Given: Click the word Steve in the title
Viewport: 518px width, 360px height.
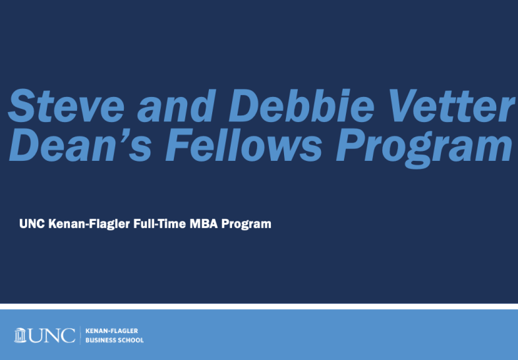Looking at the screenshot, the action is pos(66,105).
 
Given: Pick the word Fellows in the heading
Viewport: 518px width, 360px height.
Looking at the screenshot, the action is pos(243,145).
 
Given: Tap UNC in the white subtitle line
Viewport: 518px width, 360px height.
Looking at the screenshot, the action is pos(32,224).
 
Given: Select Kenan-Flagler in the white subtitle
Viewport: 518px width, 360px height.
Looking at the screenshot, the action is pos(89,224).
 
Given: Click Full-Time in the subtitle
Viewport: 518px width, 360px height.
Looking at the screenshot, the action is pos(159,224).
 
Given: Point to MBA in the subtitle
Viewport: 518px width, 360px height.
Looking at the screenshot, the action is pos(204,224).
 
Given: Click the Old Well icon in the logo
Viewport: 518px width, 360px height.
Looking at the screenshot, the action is pos(20,335).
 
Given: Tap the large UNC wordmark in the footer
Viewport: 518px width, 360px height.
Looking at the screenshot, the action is pos(51,336).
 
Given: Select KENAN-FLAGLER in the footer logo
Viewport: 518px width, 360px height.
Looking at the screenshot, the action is pos(111,330).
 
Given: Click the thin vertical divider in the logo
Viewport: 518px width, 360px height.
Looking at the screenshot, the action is pos(80,335).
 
